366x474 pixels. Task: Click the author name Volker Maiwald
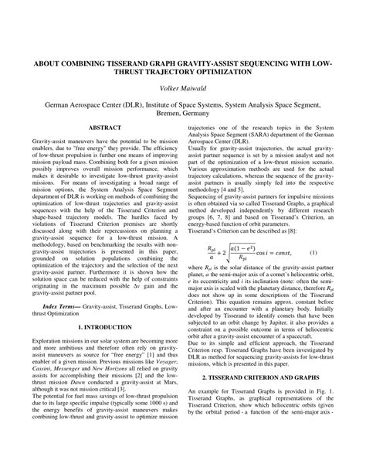pyautogui.click(x=183, y=90)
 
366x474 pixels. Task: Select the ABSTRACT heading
pyautogui.click(x=104, y=126)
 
